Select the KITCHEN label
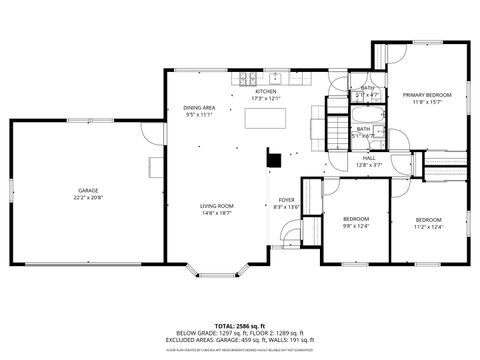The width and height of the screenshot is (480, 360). (265, 91)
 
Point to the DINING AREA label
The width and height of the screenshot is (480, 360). (199, 107)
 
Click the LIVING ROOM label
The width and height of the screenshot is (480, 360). (216, 205)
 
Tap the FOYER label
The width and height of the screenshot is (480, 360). (286, 199)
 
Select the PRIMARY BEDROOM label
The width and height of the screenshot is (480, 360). (427, 94)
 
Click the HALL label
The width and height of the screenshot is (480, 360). (369, 158)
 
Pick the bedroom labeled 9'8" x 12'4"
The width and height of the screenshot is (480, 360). (356, 219)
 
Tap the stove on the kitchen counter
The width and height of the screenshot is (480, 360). (245, 78)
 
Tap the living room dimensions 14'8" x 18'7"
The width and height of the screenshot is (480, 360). (216, 213)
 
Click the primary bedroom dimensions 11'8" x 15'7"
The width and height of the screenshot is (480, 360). (427, 102)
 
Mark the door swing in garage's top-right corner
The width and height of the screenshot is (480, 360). (149, 131)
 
